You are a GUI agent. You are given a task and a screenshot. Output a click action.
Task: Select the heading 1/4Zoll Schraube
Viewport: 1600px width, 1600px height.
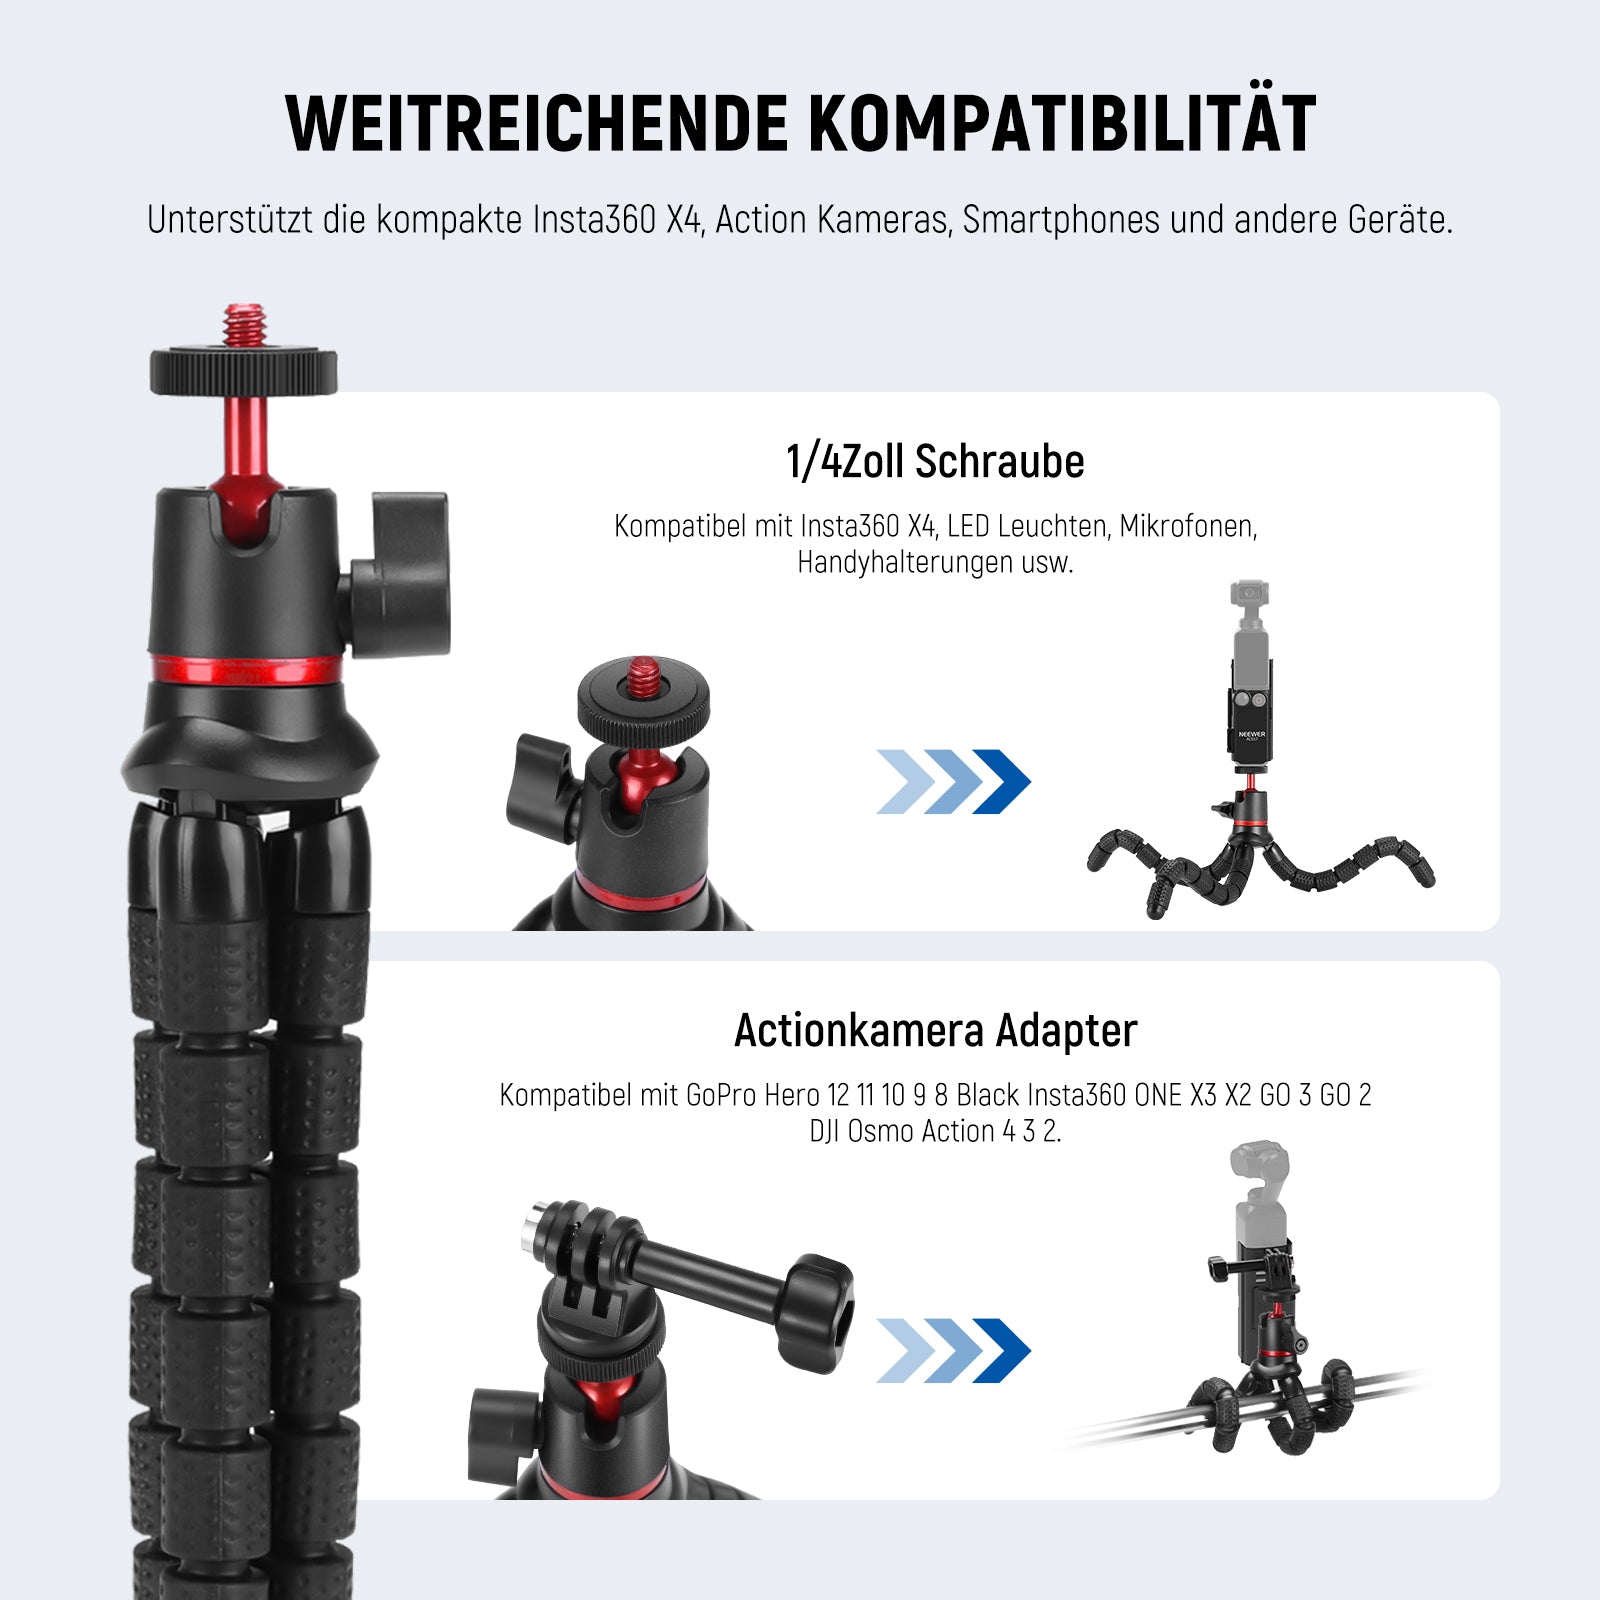coord(935,462)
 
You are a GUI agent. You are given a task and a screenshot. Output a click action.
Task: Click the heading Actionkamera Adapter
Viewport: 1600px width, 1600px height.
coord(935,1031)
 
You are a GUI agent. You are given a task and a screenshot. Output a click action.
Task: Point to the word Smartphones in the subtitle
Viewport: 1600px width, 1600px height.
coord(1061,220)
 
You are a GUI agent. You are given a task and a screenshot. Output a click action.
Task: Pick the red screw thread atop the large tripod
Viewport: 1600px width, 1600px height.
coord(242,325)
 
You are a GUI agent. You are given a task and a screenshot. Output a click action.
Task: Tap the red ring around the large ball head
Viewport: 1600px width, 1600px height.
coord(246,669)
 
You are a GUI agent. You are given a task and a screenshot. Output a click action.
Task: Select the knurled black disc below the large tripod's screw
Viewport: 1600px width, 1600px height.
coord(243,371)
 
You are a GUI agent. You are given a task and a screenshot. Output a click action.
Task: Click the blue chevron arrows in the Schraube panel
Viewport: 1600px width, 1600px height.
coord(953,782)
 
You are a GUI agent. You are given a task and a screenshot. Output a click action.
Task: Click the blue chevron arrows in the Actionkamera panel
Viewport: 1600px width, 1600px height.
coord(953,1351)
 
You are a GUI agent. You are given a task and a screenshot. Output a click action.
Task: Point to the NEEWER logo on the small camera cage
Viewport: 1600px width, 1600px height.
coord(1251,734)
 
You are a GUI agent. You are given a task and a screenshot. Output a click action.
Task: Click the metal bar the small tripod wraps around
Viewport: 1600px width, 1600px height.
coord(1240,1410)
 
